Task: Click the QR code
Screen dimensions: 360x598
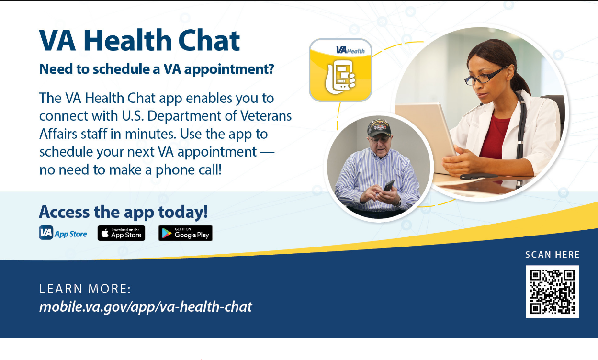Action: pos(552,292)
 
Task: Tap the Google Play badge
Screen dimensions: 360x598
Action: pos(185,233)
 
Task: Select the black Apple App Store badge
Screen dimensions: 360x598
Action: pos(121,233)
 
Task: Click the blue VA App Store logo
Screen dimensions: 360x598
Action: pos(63,233)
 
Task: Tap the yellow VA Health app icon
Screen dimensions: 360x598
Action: pos(340,70)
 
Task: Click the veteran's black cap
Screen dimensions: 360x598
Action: pos(379,128)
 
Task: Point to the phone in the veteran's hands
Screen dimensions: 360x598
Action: pos(388,185)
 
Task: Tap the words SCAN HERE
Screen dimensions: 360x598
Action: pos(552,255)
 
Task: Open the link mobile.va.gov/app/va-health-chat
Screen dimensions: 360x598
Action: pos(146,306)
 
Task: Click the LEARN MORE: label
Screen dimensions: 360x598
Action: pos(85,289)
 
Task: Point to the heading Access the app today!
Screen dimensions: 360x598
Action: pos(124,212)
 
